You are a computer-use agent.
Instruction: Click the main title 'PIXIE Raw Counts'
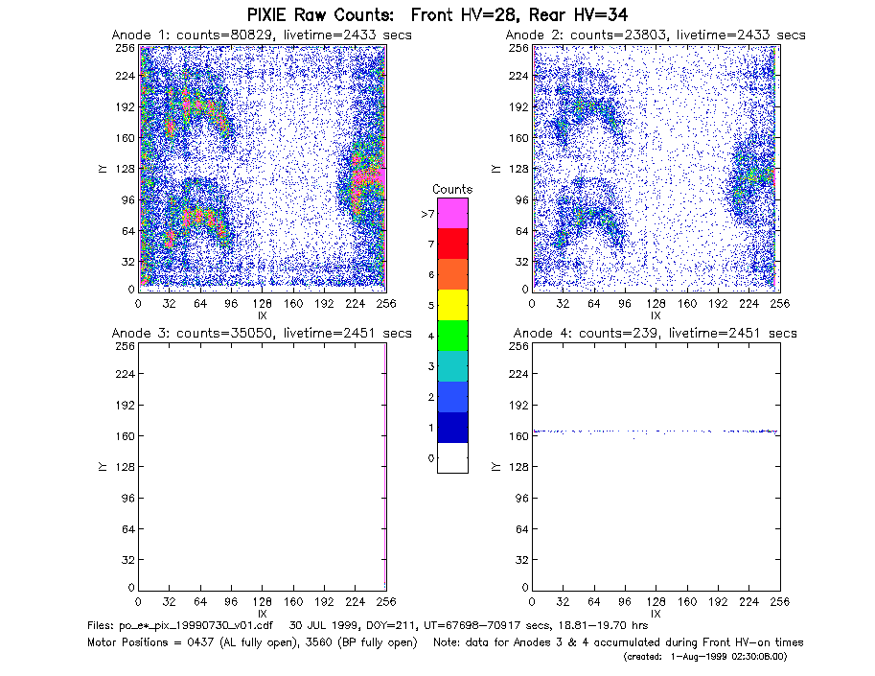[320, 14]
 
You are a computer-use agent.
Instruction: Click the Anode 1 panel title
[262, 35]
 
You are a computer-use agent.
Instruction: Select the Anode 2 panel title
[656, 35]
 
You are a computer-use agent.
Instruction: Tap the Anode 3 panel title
[262, 334]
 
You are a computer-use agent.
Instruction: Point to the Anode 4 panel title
[656, 334]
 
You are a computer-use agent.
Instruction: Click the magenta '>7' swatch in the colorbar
[452, 213]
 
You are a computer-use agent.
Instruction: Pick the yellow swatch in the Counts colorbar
[452, 305]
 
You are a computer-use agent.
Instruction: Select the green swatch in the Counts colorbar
[452, 336]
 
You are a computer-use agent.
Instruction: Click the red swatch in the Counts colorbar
[452, 244]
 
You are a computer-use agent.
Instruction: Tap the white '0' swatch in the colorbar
[452, 457]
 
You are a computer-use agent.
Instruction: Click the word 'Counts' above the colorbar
[452, 189]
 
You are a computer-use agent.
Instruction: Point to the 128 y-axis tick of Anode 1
[126, 169]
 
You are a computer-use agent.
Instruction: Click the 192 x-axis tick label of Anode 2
[718, 304]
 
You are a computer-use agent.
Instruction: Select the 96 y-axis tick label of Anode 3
[128, 498]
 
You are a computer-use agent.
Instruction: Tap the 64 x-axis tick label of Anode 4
[594, 602]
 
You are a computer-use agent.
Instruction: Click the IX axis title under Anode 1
[262, 316]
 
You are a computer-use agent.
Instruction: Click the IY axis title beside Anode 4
[495, 467]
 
